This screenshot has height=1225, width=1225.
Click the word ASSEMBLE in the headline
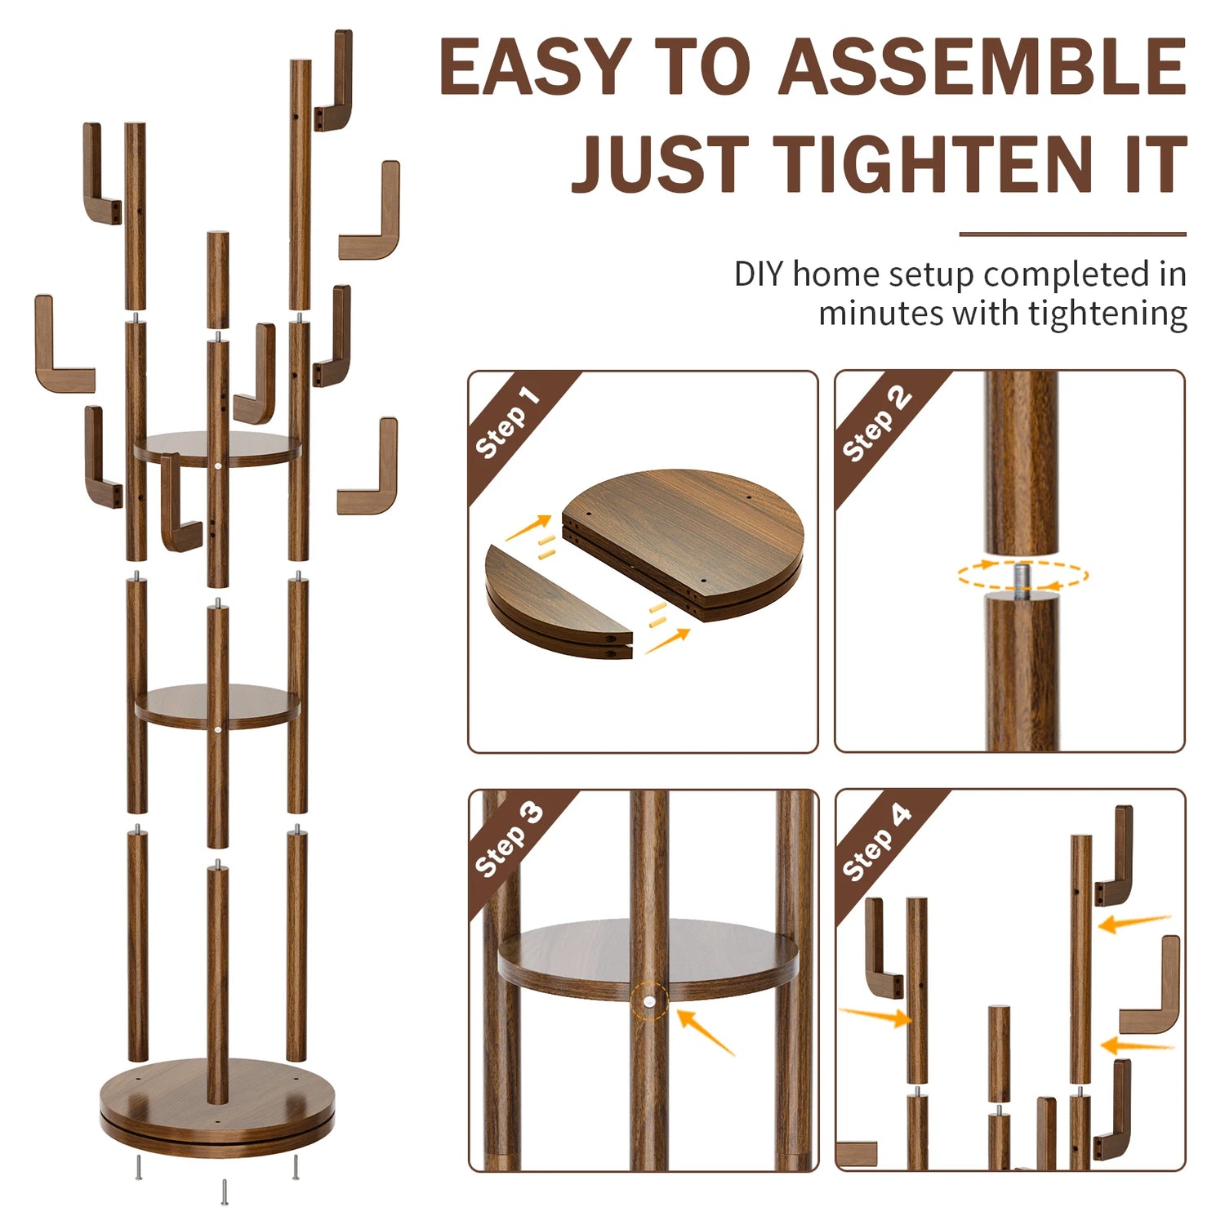click(x=982, y=67)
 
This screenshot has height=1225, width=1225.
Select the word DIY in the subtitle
click(x=759, y=274)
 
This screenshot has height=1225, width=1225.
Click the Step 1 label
click(x=508, y=422)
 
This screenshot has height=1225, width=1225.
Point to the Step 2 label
click(x=876, y=422)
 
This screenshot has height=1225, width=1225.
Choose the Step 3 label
click(x=509, y=840)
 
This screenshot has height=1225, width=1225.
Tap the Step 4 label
click(x=876, y=842)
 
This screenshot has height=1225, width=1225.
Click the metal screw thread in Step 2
click(x=1022, y=577)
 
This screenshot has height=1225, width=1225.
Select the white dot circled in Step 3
click(x=649, y=1001)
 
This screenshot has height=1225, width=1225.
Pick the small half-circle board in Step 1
click(x=559, y=603)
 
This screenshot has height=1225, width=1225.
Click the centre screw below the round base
click(x=224, y=1191)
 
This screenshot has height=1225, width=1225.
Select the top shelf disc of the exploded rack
click(x=217, y=450)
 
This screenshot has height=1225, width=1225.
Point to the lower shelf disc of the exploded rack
click(x=217, y=706)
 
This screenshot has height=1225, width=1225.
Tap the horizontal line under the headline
click(x=1072, y=234)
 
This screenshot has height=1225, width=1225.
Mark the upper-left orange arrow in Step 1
click(x=528, y=528)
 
